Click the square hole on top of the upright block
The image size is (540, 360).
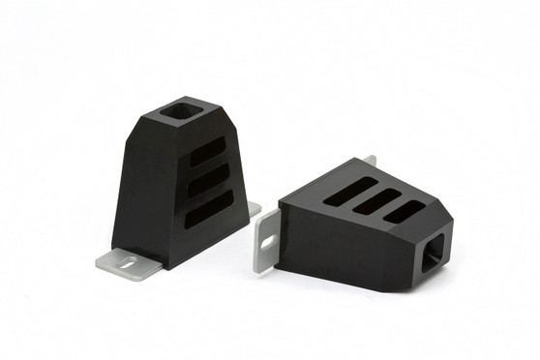180,109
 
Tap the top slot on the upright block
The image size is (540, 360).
206,153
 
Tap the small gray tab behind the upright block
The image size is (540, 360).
254,209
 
